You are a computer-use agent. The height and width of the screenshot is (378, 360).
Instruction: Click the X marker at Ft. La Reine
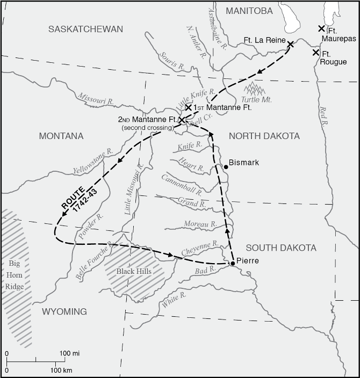pos(290,44)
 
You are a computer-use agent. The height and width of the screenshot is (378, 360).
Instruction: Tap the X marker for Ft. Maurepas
pos(321,28)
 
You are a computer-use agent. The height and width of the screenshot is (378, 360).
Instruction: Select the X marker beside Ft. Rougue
pos(315,52)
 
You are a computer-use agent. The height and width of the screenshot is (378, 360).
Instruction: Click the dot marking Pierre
pos(232,263)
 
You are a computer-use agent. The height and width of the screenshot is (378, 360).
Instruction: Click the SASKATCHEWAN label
pos(85,29)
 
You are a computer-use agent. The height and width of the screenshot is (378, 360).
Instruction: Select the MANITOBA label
pos(249,11)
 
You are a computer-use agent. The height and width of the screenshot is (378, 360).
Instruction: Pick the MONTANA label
pos(61,136)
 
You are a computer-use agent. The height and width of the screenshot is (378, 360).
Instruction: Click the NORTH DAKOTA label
pos(264,136)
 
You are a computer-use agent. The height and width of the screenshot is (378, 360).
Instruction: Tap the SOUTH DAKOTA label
pos(281,248)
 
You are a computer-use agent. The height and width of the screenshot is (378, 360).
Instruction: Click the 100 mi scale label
pos(69,353)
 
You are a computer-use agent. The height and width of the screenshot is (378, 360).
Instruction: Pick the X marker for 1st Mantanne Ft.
pos(188,107)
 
